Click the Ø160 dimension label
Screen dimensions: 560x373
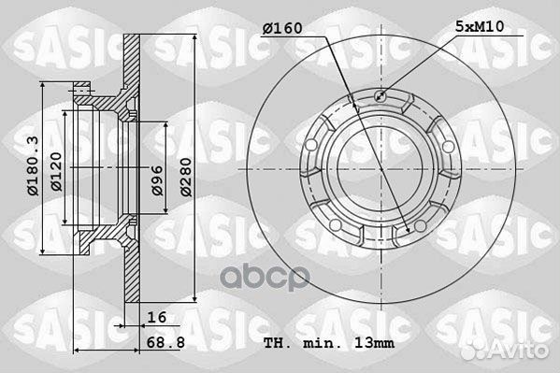pyautogui.click(x=282, y=28)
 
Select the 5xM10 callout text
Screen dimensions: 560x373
pyautogui.click(x=480, y=26)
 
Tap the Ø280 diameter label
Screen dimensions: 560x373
pyautogui.click(x=186, y=178)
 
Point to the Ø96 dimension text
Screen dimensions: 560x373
pyautogui.click(x=157, y=180)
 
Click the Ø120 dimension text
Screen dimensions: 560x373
pyautogui.click(x=56, y=172)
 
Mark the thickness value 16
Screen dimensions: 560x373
pyautogui.click(x=157, y=317)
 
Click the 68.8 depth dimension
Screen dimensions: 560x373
pyautogui.click(x=165, y=342)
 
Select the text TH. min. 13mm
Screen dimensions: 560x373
pyautogui.click(x=329, y=343)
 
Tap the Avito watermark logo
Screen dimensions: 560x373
pyautogui.click(x=505, y=351)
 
